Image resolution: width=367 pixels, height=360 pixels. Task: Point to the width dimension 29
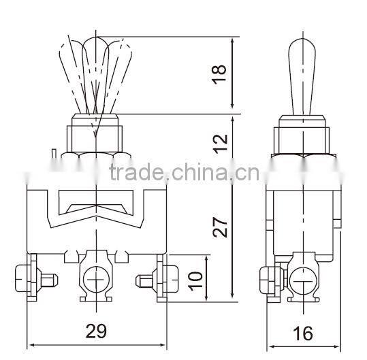pyautogui.click(x=96, y=331)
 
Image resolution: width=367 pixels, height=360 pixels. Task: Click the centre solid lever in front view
pyautogui.click(x=96, y=75)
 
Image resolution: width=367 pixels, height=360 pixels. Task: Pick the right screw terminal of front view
pyautogui.click(x=156, y=278)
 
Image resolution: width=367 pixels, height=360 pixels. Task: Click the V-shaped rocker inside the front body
pyautogui.click(x=96, y=204)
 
